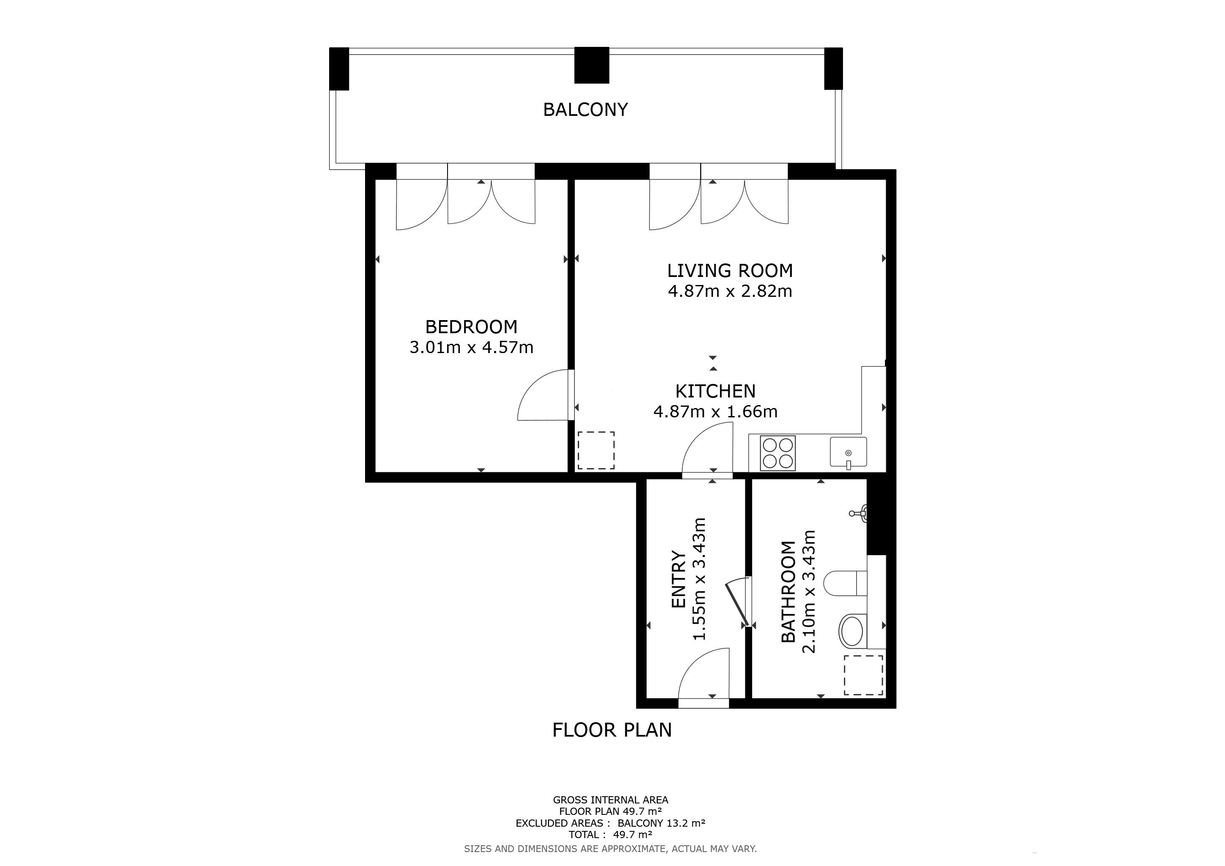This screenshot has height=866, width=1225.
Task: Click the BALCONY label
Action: (x=585, y=110)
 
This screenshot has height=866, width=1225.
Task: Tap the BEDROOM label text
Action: (x=471, y=326)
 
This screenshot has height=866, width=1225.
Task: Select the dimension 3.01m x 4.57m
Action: (x=471, y=347)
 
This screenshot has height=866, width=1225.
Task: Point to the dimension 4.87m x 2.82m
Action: (x=730, y=291)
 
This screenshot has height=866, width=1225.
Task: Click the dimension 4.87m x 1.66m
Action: (x=715, y=412)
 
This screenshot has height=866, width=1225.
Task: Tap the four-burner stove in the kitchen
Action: (x=778, y=453)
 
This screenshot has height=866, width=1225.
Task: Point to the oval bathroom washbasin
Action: (x=851, y=631)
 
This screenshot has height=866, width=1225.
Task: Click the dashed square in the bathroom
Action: (x=863, y=675)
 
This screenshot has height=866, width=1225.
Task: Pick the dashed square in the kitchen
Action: (x=596, y=451)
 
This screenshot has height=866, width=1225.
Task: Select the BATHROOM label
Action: (x=788, y=592)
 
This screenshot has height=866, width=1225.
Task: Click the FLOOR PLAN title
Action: (x=612, y=730)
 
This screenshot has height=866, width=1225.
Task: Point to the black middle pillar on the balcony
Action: (x=592, y=65)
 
